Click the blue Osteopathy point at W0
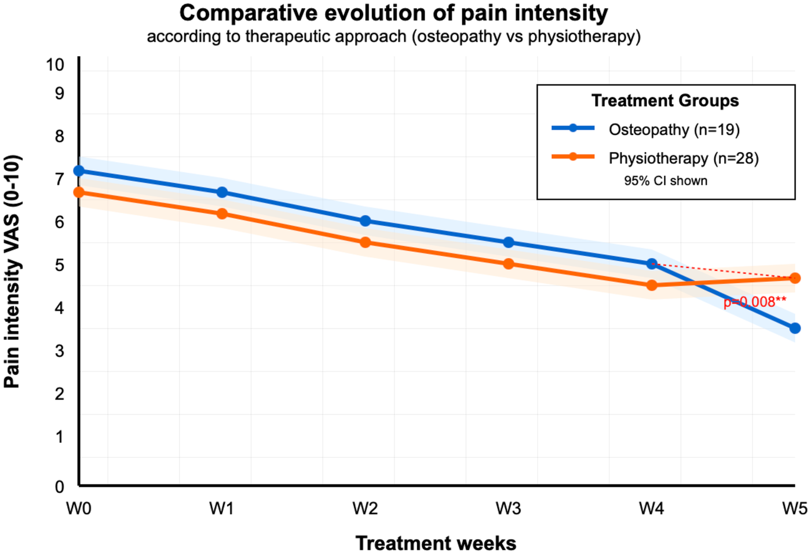(x=79, y=171)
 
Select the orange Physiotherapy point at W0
(x=79, y=192)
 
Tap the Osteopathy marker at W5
(x=795, y=328)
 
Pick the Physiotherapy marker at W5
(x=795, y=278)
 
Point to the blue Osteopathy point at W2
(x=365, y=221)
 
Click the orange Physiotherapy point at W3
(x=508, y=264)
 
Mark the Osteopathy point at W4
(x=652, y=264)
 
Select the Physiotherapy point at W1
(x=222, y=214)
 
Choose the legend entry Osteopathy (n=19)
(x=674, y=129)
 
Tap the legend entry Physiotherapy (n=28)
(x=683, y=158)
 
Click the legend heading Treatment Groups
(x=665, y=101)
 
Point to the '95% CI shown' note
(x=665, y=181)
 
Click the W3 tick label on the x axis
(x=508, y=508)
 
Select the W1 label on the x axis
(x=221, y=508)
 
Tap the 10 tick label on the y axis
(x=55, y=65)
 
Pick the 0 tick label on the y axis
(x=59, y=487)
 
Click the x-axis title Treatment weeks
(x=436, y=543)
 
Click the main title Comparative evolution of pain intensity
(x=394, y=13)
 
